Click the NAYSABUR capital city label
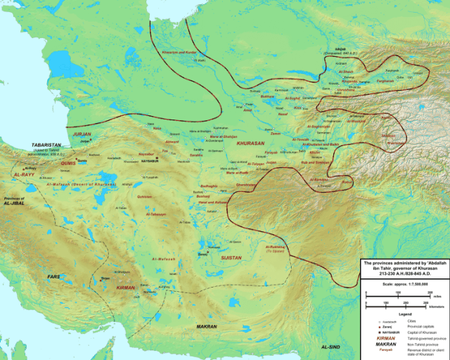(166, 160)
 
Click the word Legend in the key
(404, 313)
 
